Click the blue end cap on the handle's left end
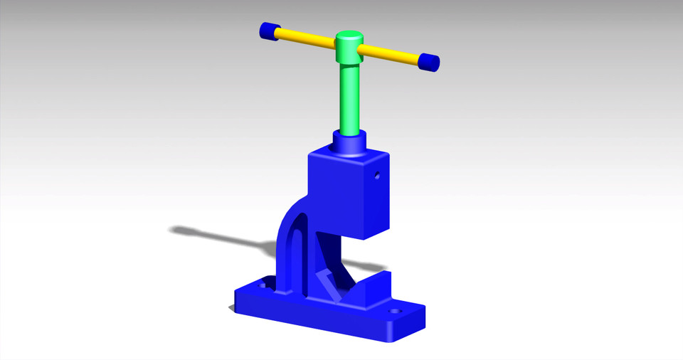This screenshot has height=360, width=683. click(x=268, y=31)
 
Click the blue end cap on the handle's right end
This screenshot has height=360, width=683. click(x=428, y=63)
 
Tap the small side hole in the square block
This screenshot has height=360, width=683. click(x=378, y=174)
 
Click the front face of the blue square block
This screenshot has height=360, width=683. click(x=335, y=192)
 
